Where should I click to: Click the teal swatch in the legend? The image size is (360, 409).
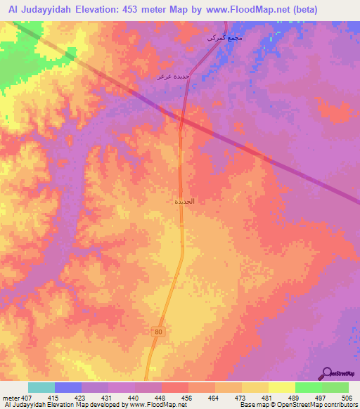(41, 387)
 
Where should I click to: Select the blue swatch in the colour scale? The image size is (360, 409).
(68, 387)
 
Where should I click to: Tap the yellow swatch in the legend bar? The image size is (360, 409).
(282, 387)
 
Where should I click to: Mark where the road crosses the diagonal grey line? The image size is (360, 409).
(181, 124)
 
